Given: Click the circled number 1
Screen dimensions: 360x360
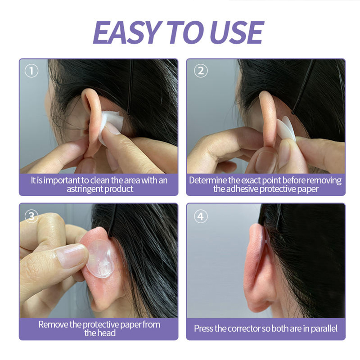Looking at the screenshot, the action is point(31,71).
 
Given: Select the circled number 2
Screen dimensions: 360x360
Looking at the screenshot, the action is point(201,71).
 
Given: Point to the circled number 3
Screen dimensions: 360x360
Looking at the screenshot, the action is point(31,216).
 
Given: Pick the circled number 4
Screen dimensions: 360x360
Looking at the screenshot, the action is point(201,216).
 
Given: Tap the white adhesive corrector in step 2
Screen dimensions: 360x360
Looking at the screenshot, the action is point(286,129).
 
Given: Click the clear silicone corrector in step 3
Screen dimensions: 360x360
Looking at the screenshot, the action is point(100,259).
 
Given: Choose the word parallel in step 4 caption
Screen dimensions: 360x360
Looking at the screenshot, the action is point(324,328).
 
